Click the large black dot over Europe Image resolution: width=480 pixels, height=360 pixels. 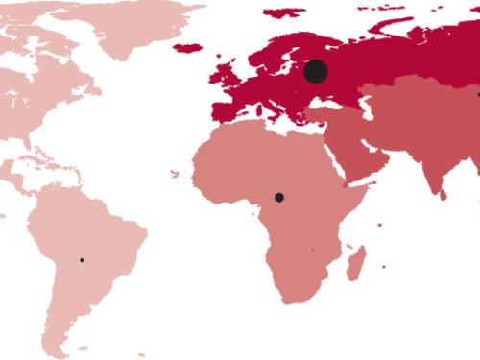click(316, 71)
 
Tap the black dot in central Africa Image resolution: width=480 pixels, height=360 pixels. click(279, 197)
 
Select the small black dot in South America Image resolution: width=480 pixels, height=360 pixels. click(82, 260)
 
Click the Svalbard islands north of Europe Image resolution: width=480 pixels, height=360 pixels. click(283, 12)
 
